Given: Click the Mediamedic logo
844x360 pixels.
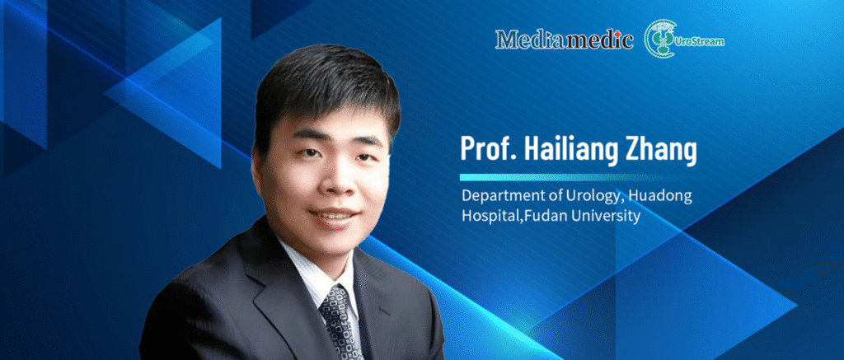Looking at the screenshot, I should click(x=564, y=39).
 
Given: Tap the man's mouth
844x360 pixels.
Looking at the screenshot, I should click(x=334, y=216).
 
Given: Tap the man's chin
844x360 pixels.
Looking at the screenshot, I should click(x=336, y=241).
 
